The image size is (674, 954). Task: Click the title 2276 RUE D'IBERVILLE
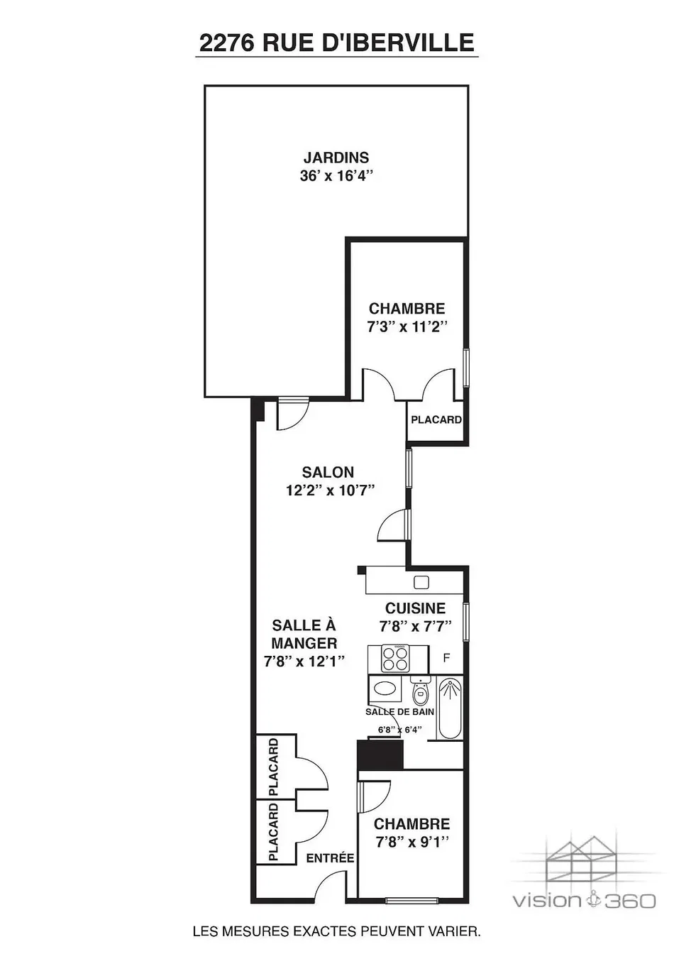[x=336, y=43]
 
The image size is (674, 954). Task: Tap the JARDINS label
[x=336, y=158]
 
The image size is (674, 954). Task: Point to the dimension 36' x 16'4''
[x=336, y=175]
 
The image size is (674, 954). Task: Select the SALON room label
[x=328, y=472]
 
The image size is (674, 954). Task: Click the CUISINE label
[x=415, y=608]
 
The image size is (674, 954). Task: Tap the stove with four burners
[x=395, y=658]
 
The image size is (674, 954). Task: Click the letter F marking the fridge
[x=446, y=658]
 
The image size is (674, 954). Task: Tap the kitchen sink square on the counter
[x=421, y=582]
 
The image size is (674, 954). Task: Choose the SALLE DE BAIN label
[x=400, y=712]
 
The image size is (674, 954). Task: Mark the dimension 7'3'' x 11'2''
[x=407, y=327]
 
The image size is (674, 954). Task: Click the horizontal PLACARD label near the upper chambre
[x=436, y=420]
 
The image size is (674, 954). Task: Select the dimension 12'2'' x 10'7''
[x=330, y=490]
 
